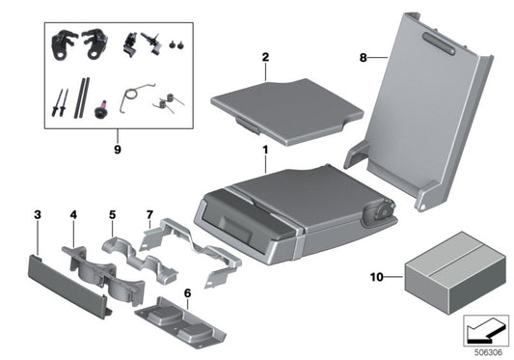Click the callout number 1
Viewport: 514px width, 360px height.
pyautogui.click(x=263, y=152)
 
